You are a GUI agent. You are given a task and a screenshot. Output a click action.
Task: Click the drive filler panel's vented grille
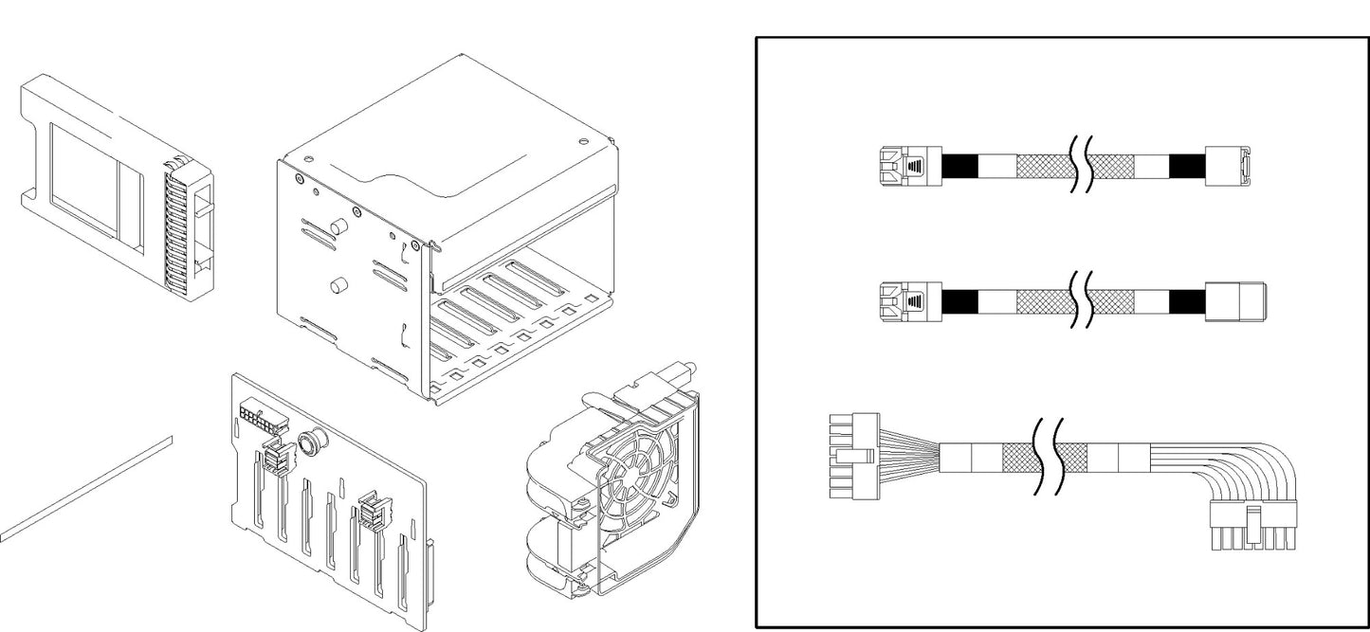(x=176, y=226)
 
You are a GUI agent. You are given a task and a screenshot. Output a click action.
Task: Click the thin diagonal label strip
(x=85, y=488)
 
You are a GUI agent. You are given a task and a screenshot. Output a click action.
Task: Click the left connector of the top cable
(x=905, y=166)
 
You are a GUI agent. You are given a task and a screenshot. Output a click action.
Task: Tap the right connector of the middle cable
(x=1236, y=300)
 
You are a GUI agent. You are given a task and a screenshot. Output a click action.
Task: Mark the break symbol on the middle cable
(x=1080, y=301)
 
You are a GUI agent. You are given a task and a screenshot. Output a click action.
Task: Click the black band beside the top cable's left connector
(x=960, y=167)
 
